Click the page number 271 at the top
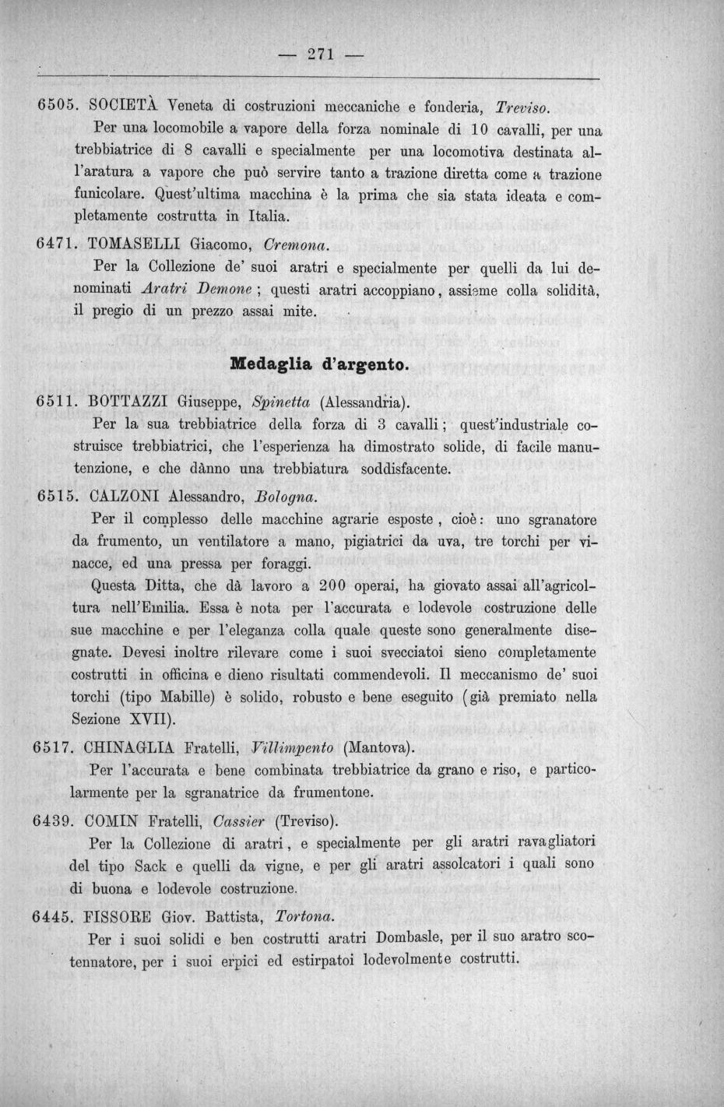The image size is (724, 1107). (321, 54)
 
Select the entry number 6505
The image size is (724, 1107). (55, 104)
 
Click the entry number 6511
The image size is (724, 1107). (55, 402)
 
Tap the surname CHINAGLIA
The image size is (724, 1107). (142, 748)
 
